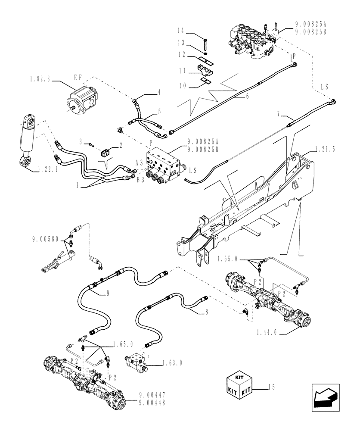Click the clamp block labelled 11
tap(206, 69)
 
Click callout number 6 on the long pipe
tap(247, 97)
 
